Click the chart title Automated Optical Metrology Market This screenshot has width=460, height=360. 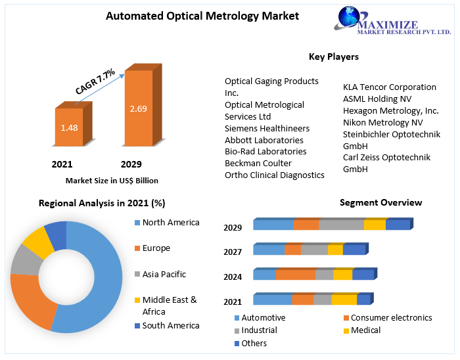[x=193, y=16]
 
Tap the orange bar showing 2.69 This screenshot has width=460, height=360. [x=138, y=108]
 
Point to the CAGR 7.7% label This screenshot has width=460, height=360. [x=95, y=81]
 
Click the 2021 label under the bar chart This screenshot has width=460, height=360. [x=62, y=164]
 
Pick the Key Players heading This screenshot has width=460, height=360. [x=333, y=57]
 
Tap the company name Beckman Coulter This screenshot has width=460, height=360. [x=258, y=163]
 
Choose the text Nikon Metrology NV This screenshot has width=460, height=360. [x=382, y=122]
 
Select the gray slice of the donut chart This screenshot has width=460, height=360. [x=24, y=260]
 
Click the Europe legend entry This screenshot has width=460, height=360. [x=156, y=248]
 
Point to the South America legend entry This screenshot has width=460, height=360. [x=170, y=326]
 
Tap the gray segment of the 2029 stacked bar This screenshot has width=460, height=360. [x=340, y=225]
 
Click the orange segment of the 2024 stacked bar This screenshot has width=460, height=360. [x=295, y=275]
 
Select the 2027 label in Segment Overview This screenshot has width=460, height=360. [x=233, y=252]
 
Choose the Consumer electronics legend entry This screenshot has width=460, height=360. [x=391, y=318]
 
